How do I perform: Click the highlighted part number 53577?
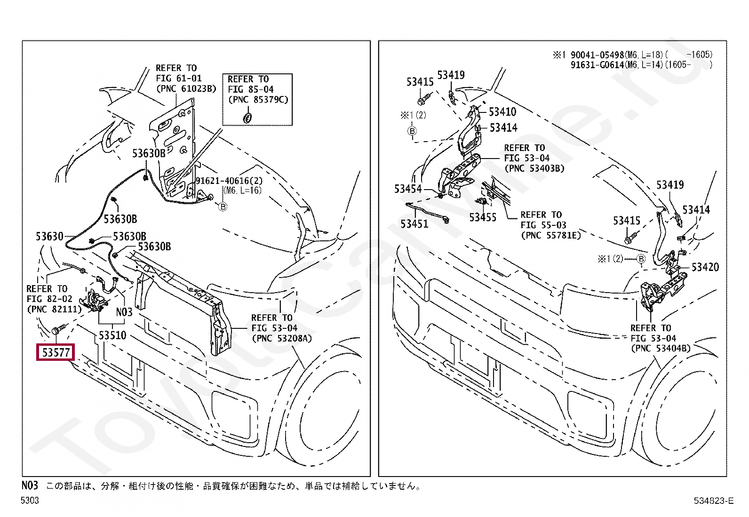coord(56,352)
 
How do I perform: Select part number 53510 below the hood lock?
coord(112,335)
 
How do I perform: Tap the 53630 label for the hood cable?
coord(49,236)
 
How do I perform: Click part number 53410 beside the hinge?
coord(502,112)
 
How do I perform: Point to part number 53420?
coord(705,267)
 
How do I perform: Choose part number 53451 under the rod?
coord(414,224)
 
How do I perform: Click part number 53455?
coord(483,217)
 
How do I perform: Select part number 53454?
coord(408,189)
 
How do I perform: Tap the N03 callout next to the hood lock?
coord(124,312)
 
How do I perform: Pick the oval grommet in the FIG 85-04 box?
coord(247,118)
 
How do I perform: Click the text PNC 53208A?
coord(281,338)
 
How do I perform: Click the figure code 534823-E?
coord(713,501)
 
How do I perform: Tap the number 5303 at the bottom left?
coord(30,501)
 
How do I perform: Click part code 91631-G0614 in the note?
coord(597,65)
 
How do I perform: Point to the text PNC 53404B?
coord(661,348)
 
